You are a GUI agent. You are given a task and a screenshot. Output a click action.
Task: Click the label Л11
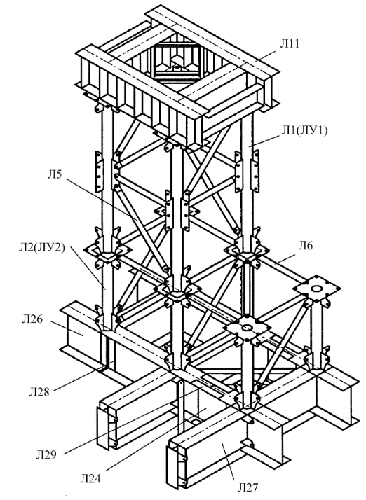(290, 43)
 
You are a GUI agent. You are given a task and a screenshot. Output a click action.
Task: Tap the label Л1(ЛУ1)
(304, 130)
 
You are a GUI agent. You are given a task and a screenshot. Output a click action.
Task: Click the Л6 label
(306, 245)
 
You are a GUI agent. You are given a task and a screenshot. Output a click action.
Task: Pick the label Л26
(32, 319)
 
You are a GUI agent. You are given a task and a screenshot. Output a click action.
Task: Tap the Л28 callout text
(39, 391)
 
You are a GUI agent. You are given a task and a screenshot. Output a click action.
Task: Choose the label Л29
(46, 454)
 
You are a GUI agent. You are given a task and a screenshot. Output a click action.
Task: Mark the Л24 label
(90, 478)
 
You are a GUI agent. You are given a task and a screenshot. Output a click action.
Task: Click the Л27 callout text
(248, 487)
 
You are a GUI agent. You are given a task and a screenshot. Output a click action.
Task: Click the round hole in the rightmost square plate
(317, 289)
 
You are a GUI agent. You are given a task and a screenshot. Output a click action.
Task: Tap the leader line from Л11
(259, 60)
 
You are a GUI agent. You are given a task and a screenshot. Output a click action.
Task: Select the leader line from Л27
(229, 461)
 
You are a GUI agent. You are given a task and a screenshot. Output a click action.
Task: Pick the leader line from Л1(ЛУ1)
(265, 140)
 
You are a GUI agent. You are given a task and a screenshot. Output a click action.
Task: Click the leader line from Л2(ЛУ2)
(88, 267)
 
